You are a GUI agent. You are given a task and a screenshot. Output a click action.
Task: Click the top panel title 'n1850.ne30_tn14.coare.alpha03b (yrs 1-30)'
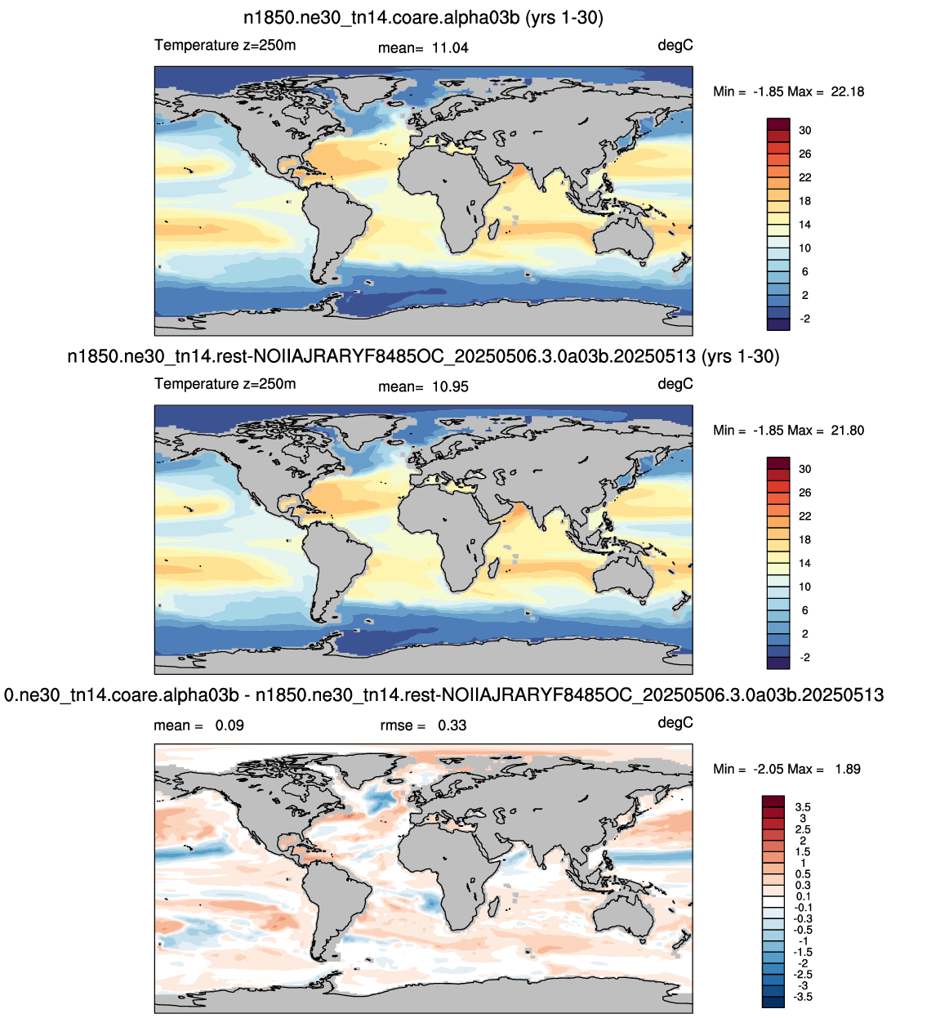tap(423, 18)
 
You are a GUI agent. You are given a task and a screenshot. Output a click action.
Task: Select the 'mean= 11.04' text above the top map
tap(423, 47)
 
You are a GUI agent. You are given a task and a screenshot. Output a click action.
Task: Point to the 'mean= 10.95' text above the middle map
tap(423, 386)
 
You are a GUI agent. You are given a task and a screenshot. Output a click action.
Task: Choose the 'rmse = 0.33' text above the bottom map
tap(423, 726)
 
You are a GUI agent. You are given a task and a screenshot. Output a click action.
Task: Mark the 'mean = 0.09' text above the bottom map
tap(198, 726)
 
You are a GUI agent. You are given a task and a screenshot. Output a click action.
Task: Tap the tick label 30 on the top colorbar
tap(804, 130)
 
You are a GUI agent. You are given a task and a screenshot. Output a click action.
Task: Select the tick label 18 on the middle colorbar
tap(804, 540)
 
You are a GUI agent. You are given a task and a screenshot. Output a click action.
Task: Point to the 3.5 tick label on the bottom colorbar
tap(803, 807)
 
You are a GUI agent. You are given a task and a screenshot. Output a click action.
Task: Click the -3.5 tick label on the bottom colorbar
tap(803, 997)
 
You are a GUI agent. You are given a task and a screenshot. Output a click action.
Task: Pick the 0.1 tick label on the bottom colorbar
tap(803, 896)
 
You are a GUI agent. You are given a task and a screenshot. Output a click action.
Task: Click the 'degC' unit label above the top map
tap(675, 45)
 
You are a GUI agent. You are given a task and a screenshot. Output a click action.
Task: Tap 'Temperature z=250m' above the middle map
tap(225, 384)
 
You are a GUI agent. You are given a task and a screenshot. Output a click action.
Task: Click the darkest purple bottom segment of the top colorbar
tap(777, 324)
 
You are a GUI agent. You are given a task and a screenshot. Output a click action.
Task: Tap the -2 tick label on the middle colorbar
tap(804, 657)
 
